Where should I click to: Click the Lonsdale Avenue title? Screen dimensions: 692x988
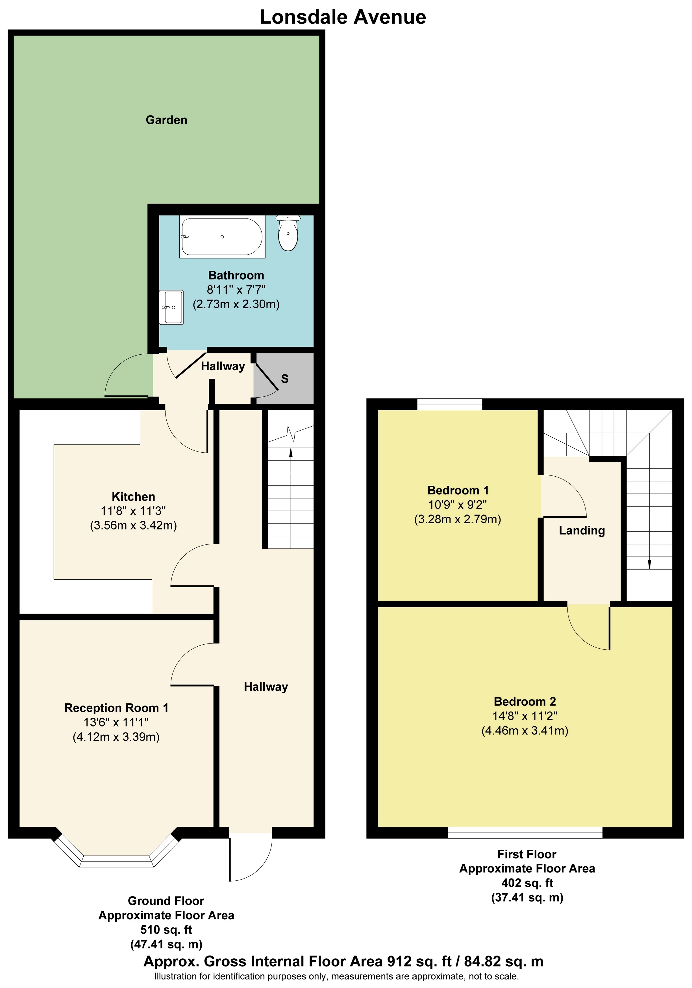343,17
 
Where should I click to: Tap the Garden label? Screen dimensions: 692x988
167,120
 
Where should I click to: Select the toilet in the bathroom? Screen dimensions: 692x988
288,233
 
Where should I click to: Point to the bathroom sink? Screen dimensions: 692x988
171,307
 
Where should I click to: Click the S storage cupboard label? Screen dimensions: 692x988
285,379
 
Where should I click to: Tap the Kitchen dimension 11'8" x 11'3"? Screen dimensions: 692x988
133,511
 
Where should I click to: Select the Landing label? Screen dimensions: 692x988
582,531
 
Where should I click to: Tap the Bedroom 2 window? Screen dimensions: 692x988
525,832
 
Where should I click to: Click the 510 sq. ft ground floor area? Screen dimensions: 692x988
166,930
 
